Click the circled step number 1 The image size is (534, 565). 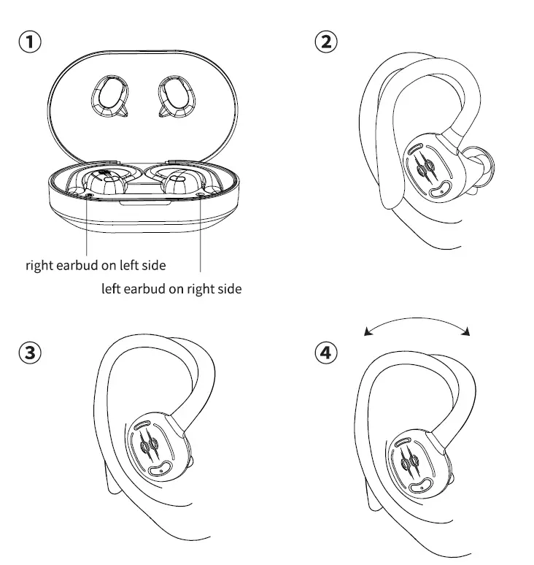[x=30, y=42]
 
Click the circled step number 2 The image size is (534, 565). [x=325, y=42]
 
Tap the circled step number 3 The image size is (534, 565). [x=30, y=353]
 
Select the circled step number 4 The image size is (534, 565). [x=325, y=353]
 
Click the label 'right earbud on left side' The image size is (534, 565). [x=96, y=265]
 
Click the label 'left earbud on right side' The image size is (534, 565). [x=171, y=289]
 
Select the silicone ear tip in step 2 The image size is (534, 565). [x=479, y=164]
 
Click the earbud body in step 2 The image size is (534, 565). [x=430, y=166]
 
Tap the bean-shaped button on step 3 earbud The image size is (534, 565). [x=160, y=469]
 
